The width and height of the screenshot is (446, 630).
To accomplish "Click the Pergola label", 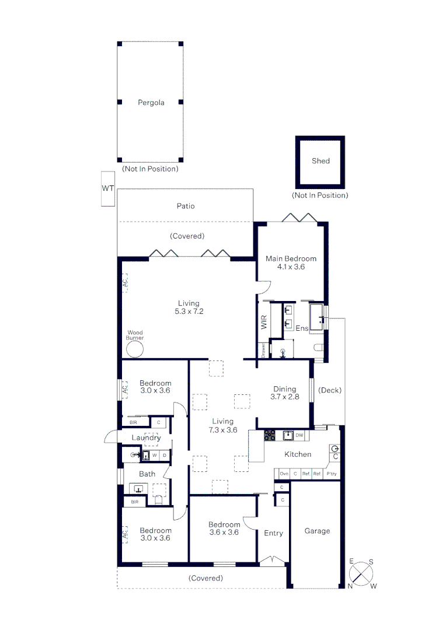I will tap(151, 103).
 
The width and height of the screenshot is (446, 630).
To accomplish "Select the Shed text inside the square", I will tap(320, 161).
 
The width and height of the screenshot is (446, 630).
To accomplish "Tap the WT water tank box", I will tap(107, 188).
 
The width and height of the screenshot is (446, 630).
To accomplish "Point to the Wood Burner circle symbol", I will tap(135, 350).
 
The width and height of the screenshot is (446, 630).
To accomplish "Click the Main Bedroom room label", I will tap(291, 258).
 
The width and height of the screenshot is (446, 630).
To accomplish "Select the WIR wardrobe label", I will tap(264, 322).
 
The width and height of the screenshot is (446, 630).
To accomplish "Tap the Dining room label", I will tap(284, 389).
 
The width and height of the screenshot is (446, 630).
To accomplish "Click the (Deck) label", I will tap(330, 390).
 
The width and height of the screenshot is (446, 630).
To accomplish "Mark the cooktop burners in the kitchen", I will tap(270, 435).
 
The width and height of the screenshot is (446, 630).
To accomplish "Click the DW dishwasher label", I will tap(299, 435).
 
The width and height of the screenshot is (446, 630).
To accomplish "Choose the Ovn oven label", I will tap(284, 474).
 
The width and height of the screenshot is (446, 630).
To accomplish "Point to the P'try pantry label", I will tap(332, 474).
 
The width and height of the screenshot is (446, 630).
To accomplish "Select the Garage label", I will tap(317, 531).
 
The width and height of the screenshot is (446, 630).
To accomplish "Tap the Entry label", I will tap(273, 533).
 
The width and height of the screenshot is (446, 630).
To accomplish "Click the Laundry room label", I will tap(146, 437).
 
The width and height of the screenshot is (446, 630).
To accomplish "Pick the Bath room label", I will tap(147, 474).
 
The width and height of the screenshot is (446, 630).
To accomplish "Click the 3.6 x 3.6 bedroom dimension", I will tap(224, 532).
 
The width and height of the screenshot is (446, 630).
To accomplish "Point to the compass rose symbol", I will tap(362, 573).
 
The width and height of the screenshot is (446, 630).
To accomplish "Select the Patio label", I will tap(186, 206).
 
